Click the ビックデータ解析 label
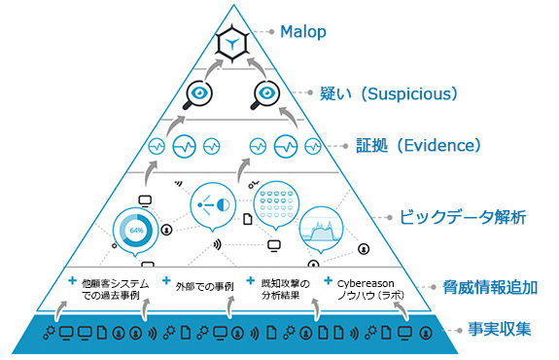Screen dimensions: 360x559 point(463,216)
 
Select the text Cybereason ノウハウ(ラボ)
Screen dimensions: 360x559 point(367,289)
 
